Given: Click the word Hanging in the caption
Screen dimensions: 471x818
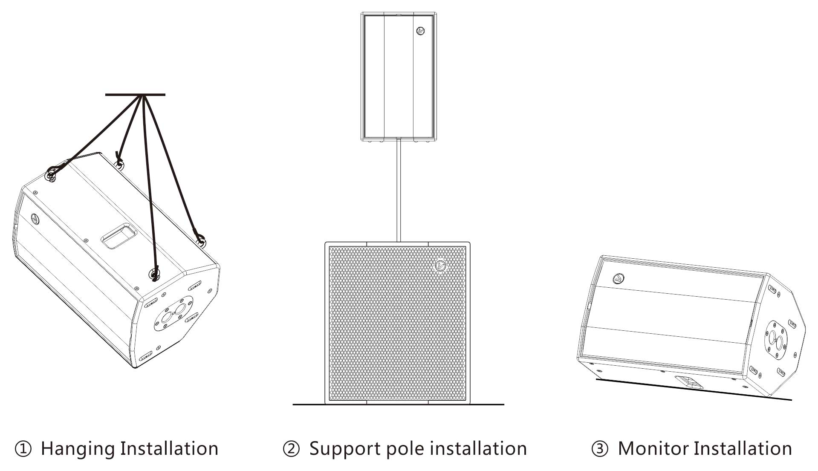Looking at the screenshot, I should point(78,449).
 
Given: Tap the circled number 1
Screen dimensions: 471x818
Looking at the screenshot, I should point(23,449).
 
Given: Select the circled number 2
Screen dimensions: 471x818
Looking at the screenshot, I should point(292,449).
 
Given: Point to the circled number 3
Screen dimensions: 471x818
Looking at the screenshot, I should point(600,449).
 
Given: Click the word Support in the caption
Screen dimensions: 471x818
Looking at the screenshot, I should point(344,449).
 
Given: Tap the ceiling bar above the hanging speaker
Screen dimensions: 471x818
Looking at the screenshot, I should point(135,95).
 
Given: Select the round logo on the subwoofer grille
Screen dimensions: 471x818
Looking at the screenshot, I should point(440,266).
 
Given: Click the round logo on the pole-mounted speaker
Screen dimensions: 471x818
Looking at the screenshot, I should point(421,31).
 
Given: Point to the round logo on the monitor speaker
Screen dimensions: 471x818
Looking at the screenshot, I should point(618,279).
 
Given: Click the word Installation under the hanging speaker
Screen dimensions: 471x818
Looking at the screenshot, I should point(169,449).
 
